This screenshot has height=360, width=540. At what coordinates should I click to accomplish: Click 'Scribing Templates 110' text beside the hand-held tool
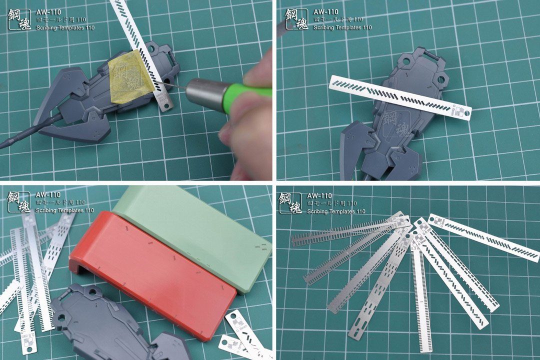(x=65, y=28)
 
